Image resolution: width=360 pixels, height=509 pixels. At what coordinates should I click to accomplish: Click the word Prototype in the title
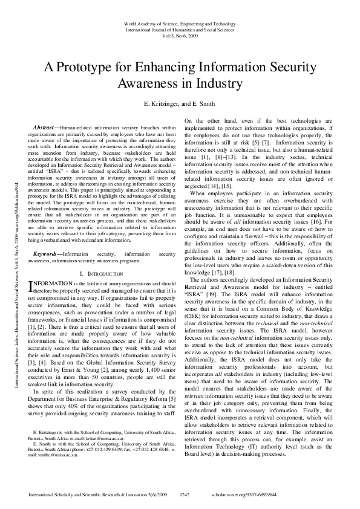coord(96,65)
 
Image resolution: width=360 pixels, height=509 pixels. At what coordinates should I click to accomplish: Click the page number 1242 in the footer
coord(185,494)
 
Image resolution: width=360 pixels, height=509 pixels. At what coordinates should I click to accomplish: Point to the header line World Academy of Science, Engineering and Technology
coord(180,23)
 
